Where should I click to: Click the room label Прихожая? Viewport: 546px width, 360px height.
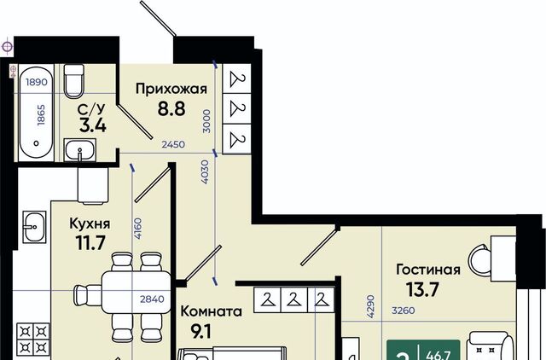click(x=171, y=90)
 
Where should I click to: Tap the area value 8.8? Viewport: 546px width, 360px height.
click(x=171, y=108)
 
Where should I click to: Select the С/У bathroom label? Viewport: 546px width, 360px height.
click(x=91, y=109)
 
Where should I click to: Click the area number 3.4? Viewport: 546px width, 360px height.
click(x=92, y=125)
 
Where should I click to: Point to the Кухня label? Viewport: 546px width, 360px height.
click(x=90, y=224)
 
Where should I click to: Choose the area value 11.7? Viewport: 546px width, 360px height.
click(x=90, y=242)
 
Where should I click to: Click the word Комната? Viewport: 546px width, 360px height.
click(x=211, y=311)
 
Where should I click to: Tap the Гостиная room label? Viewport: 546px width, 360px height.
click(x=428, y=270)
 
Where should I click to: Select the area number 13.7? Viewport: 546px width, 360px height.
click(x=422, y=289)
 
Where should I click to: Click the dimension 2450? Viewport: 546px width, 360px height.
click(x=173, y=144)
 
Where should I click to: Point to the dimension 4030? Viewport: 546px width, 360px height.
click(x=205, y=172)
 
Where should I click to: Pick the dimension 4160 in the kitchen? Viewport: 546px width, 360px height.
click(x=138, y=229)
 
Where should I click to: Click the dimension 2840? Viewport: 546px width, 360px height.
click(x=152, y=299)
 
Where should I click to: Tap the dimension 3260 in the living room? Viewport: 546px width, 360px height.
click(x=404, y=311)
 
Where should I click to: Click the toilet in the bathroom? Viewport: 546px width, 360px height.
click(x=74, y=81)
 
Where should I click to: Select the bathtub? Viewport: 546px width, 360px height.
click(x=36, y=113)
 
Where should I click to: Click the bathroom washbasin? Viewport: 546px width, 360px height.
click(x=79, y=150)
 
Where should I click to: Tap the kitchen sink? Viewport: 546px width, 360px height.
click(x=34, y=227)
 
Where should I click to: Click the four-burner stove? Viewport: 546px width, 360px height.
click(x=33, y=340)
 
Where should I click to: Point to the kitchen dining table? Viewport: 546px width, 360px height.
click(x=136, y=293)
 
